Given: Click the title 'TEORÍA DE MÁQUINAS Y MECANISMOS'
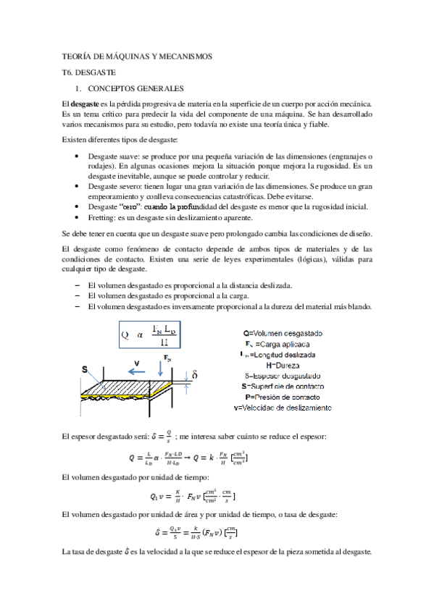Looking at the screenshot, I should pos(138,56).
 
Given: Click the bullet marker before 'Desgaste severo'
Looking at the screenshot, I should pos(78,186).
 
